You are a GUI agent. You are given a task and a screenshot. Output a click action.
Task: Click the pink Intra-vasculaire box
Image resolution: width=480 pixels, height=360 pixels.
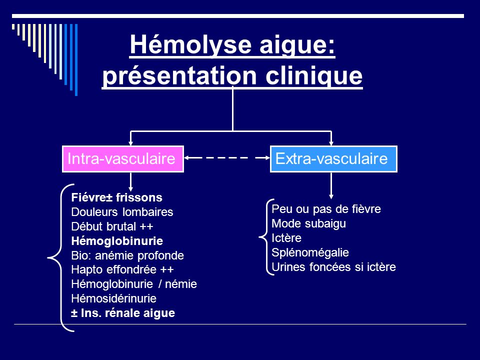[x=123, y=159]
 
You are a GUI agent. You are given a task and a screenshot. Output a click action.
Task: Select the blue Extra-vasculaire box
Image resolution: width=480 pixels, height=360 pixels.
[x=333, y=159]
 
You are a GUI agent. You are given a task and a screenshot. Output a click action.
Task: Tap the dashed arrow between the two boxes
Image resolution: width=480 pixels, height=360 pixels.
[x=227, y=157]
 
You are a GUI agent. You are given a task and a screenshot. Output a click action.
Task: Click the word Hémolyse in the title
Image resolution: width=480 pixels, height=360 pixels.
[x=190, y=44]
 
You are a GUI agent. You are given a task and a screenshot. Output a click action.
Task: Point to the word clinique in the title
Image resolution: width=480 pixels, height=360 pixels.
[x=314, y=75]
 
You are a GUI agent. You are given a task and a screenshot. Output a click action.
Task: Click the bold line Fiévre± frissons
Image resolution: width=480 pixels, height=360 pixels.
[x=116, y=197]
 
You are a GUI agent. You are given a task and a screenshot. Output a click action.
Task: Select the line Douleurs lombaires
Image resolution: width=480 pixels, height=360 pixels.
[x=122, y=212]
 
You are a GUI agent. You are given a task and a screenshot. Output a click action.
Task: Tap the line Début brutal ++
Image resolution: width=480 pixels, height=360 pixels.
[x=112, y=226]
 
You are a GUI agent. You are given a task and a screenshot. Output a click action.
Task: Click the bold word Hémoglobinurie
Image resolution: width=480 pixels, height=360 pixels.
[x=117, y=241]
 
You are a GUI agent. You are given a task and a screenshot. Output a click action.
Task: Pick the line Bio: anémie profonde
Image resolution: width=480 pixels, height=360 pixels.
[x=127, y=255]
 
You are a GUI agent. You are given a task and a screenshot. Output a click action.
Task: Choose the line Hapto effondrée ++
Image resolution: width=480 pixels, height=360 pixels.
[x=122, y=269]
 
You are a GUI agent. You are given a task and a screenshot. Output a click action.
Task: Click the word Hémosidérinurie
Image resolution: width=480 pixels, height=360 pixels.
[x=113, y=298]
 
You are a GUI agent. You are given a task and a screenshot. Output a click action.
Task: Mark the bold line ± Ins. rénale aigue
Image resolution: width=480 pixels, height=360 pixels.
[x=123, y=313]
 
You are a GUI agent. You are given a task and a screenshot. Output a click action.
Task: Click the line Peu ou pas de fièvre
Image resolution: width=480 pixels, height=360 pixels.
[x=326, y=209]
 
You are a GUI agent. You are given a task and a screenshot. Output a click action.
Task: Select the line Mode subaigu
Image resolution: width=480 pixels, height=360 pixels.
[x=309, y=223]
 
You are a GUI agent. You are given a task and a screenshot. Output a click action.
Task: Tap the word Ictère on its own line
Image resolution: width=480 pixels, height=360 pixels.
[x=286, y=238]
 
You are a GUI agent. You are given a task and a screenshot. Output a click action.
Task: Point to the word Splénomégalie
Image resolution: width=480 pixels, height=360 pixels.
[x=310, y=252]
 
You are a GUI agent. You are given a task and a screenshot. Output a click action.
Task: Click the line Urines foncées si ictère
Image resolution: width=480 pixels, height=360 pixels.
[x=333, y=267]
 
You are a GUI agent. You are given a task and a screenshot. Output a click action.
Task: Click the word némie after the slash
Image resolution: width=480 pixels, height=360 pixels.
[x=181, y=284]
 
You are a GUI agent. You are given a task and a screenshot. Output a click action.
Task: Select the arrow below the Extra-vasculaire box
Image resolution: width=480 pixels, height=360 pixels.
[x=331, y=185]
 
